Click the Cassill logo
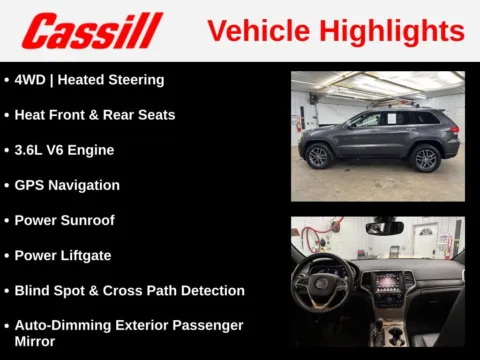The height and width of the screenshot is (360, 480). coord(92,31)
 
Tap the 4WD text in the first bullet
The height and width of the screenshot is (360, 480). coord(31,80)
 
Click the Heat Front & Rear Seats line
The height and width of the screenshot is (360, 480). coord(95,115)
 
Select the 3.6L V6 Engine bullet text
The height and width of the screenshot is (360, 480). coord(64,150)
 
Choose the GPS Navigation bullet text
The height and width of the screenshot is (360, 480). coord(67,185)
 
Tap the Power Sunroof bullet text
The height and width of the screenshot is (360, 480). coord(66,220)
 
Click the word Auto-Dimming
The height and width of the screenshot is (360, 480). coord(57,325)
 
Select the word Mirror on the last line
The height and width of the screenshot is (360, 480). coord(36,341)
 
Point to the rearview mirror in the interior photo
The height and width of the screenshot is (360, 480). coord(384,228)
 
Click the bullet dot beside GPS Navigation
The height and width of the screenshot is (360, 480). coord(7,185)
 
